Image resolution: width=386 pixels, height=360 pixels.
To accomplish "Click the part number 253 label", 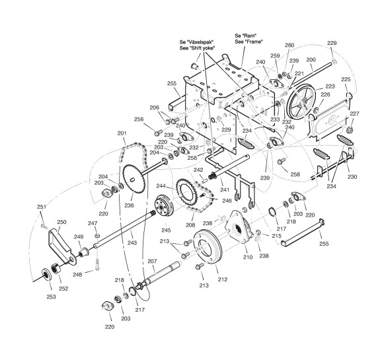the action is click(51, 297).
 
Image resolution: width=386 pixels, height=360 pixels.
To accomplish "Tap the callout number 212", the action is click(223, 279).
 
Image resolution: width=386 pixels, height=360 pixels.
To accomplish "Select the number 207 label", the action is click(152, 261).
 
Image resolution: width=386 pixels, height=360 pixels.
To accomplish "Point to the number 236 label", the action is click(130, 205).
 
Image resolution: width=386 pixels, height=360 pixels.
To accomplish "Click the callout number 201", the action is click(122, 133).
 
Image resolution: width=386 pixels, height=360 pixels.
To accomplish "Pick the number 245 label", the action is click(166, 230).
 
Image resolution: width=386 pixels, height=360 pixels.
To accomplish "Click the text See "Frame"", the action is click(249, 42).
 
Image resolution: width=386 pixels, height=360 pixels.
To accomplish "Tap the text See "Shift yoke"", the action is click(197, 48).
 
